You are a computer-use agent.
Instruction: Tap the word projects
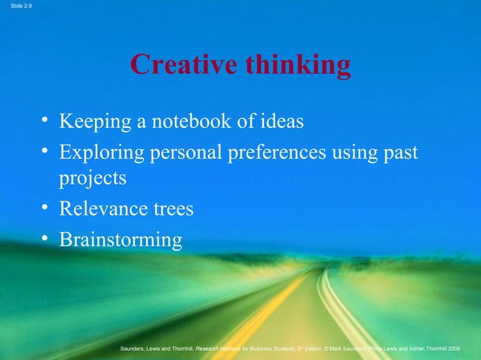pyautogui.click(x=93, y=179)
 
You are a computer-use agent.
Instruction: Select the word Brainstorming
pyautogui.click(x=121, y=240)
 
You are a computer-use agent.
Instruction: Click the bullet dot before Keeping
pyautogui.click(x=47, y=121)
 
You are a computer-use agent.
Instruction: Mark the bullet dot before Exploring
pyautogui.click(x=47, y=152)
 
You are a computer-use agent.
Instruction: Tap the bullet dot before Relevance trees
pyautogui.click(x=47, y=207)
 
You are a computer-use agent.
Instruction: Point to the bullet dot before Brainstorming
pyautogui.click(x=47, y=239)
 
